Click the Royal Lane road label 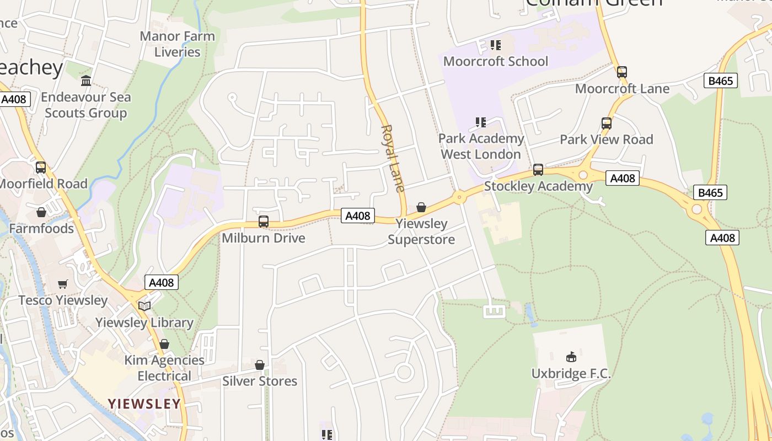[393, 158]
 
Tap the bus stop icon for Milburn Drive [264, 222]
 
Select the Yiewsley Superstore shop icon [421, 207]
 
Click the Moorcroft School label [496, 61]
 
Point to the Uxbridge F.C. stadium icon [571, 357]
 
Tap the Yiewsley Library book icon [144, 306]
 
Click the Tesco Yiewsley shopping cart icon [63, 284]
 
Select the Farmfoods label [41, 228]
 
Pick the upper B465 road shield [721, 81]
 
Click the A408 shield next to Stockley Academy [622, 178]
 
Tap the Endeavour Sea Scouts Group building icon [86, 81]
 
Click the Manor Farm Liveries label [177, 44]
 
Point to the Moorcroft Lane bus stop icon [622, 72]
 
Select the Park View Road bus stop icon [607, 123]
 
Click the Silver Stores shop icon [260, 365]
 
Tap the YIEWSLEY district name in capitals [144, 404]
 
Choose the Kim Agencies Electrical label [164, 368]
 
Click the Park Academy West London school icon [481, 122]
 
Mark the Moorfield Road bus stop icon [41, 168]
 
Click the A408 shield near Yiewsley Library [162, 283]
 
